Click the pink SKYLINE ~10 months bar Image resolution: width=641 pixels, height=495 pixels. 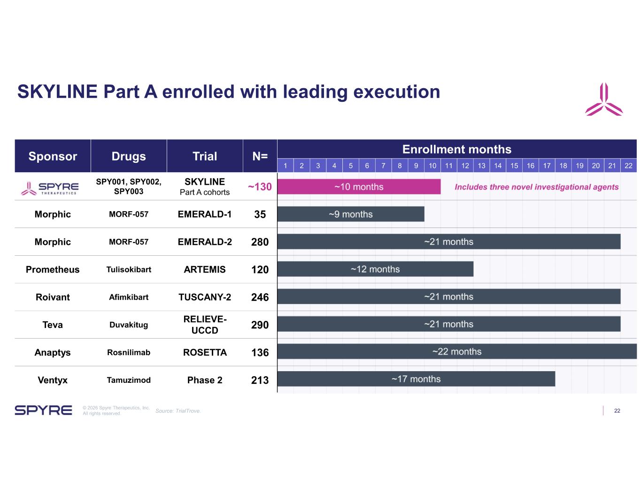coord(359,187)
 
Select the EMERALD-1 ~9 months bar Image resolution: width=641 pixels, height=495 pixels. coord(351,214)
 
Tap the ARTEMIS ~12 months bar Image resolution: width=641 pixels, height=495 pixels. coord(375,269)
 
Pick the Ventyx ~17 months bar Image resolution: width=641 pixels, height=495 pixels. coord(416,379)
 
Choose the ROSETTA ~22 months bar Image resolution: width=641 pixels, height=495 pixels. coord(457,351)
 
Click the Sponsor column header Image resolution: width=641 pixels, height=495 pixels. coord(53,156)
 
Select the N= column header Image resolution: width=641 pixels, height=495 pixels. coord(260,156)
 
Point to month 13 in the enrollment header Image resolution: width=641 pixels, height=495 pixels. coord(481,166)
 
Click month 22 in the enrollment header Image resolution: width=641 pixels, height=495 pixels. coord(628,166)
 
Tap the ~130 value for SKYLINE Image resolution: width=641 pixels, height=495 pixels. coord(260,187)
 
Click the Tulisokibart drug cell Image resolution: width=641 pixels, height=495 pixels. coord(129,270)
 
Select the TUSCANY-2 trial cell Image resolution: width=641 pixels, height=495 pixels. coord(205,297)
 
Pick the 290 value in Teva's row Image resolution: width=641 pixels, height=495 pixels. coord(260,325)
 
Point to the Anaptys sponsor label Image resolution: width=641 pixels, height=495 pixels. coord(53,352)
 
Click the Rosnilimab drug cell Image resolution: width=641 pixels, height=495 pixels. coord(129,352)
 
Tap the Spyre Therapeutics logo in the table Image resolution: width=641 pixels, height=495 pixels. coord(50,188)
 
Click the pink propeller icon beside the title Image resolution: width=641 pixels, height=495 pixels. coord(604,99)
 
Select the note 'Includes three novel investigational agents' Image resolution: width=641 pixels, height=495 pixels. coord(537,187)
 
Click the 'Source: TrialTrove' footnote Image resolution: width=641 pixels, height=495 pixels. coord(178,411)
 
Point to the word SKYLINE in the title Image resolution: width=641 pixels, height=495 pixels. coord(57,91)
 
